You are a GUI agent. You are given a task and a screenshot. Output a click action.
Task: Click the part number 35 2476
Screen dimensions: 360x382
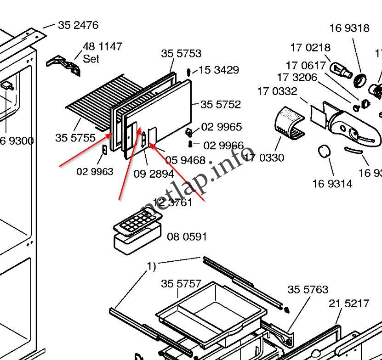(78, 25)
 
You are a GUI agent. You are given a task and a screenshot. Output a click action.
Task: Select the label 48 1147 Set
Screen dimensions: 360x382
(102, 52)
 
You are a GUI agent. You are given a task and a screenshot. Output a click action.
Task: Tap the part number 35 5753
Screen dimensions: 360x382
(181, 54)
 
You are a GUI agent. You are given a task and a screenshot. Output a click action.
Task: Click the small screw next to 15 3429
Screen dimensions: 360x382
(189, 72)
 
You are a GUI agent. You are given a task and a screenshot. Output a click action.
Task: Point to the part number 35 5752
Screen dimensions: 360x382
(221, 105)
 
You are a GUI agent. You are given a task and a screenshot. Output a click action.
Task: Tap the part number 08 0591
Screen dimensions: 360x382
(187, 237)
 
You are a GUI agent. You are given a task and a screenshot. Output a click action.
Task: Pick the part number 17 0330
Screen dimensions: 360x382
(264, 158)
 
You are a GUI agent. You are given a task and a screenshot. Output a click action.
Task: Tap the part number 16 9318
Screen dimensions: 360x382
(349, 28)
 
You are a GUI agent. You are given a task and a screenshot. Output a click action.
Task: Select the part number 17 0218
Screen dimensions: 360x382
(310, 47)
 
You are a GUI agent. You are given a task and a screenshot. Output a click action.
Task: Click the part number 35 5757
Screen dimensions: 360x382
(181, 284)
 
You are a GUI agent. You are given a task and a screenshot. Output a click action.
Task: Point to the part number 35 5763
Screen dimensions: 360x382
(308, 290)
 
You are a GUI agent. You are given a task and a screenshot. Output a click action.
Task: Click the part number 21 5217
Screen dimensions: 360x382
(348, 304)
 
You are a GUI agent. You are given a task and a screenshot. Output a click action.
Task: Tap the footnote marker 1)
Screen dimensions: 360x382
(151, 266)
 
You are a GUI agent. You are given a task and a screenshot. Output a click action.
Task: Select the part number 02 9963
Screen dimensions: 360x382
(95, 172)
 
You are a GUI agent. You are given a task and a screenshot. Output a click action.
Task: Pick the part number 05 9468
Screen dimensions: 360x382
(185, 160)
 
